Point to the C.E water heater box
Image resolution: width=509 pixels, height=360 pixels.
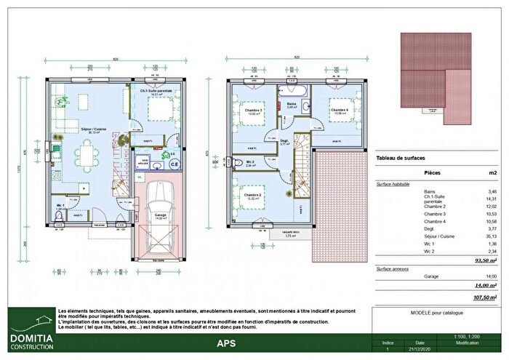coord(174,164)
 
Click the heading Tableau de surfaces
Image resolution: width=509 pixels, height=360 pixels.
coord(401,158)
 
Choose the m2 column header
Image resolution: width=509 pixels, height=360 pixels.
coord(492,174)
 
